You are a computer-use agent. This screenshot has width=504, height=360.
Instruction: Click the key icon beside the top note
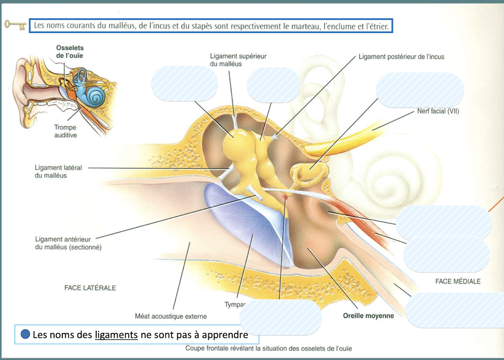[15, 25]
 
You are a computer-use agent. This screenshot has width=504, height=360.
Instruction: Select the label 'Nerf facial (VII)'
[438, 111]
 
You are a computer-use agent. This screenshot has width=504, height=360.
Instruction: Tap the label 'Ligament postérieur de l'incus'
[401, 57]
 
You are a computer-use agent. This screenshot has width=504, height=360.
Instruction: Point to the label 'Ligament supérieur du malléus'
[238, 60]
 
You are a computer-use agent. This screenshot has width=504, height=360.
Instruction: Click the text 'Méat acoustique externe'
[170, 316]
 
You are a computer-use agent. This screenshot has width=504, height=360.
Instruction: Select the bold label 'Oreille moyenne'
[368, 316]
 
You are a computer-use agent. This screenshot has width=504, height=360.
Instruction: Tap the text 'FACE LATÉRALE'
[90, 288]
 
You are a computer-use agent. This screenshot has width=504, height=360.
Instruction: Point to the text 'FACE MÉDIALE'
[458, 281]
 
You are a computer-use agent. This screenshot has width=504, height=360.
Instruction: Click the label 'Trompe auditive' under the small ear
[65, 131]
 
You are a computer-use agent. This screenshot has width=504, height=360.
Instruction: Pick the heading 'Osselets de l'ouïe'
[70, 52]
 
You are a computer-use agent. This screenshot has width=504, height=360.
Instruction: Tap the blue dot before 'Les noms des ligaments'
[26, 334]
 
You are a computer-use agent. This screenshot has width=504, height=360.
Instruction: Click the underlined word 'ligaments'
[116, 335]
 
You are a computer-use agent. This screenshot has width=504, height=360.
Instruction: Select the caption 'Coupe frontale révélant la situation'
[268, 349]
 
